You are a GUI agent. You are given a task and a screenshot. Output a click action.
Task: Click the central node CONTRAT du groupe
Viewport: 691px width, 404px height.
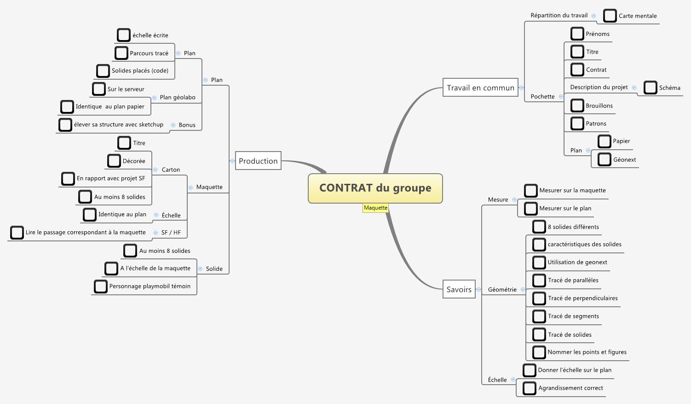tap(375, 188)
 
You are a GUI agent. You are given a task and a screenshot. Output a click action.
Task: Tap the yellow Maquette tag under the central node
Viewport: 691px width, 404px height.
tap(375, 208)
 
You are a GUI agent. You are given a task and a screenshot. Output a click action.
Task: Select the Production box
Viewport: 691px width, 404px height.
tap(258, 161)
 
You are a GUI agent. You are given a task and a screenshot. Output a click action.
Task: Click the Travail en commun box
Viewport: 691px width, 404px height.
tap(480, 88)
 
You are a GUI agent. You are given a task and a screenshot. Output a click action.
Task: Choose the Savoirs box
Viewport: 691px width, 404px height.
tap(459, 289)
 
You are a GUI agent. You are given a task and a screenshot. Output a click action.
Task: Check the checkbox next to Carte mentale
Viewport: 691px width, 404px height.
tap(610, 16)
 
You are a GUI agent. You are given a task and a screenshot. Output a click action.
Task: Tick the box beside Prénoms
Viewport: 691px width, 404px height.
tap(577, 34)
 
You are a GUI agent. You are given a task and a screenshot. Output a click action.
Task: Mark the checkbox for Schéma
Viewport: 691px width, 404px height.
tap(650, 88)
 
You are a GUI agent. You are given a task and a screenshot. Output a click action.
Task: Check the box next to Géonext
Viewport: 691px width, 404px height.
tap(604, 159)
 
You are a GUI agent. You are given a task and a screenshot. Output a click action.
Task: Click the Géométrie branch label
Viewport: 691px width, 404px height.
tap(502, 289)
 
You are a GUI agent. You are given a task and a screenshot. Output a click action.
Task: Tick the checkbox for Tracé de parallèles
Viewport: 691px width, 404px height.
tap(539, 280)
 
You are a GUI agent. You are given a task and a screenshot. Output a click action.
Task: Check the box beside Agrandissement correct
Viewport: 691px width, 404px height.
tap(529, 388)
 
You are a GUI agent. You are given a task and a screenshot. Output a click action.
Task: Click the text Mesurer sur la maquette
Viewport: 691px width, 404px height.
tap(572, 190)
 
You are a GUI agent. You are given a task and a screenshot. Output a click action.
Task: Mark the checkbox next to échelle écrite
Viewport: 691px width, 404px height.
tap(123, 35)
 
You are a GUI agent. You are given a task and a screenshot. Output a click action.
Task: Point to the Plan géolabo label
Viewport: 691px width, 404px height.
tap(178, 97)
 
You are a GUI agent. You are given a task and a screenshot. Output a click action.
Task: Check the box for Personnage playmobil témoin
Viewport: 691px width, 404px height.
tap(100, 286)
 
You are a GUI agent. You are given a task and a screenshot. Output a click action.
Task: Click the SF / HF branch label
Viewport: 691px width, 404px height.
tap(171, 233)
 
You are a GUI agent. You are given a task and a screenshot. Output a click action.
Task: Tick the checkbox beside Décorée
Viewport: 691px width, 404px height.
tap(114, 161)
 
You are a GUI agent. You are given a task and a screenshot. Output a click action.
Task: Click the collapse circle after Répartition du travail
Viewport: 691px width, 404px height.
tap(593, 16)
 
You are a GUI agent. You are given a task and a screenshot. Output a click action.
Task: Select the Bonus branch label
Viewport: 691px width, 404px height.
tap(187, 125)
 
